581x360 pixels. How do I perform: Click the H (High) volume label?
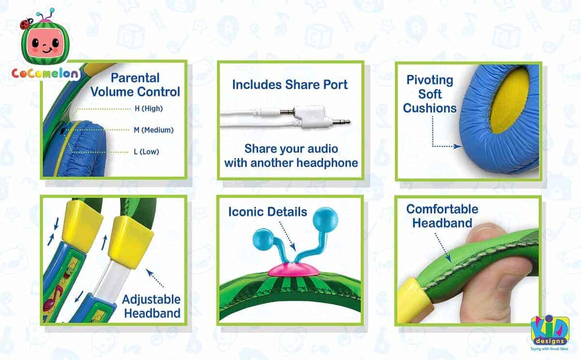[x=148, y=109]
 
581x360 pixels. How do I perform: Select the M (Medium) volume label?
[x=153, y=130]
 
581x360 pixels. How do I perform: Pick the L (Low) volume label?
[x=146, y=152]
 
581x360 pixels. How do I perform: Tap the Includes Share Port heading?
[x=290, y=84]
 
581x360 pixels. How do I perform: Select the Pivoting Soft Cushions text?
[x=429, y=94]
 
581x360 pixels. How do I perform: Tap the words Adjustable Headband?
[x=151, y=306]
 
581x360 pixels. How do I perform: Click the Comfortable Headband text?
[x=442, y=216]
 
